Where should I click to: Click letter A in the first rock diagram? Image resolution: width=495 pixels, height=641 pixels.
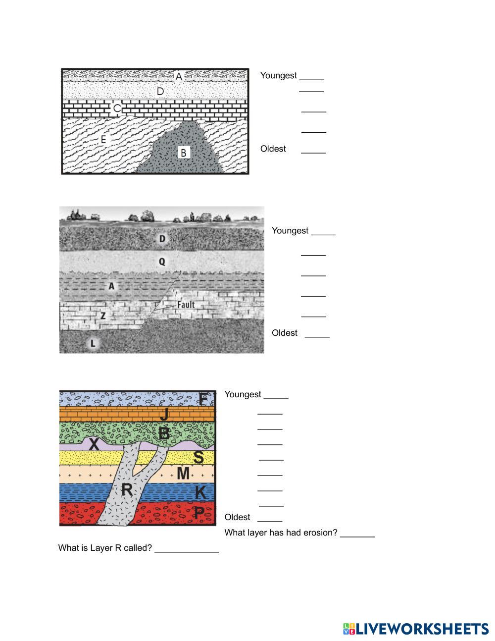pyautogui.click(x=179, y=77)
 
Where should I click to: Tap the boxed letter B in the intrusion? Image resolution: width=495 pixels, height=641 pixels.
pyautogui.click(x=184, y=153)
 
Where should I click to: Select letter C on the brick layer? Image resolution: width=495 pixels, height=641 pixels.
pyautogui.click(x=117, y=108)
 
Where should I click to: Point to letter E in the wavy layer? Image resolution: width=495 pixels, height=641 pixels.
pyautogui.click(x=103, y=140)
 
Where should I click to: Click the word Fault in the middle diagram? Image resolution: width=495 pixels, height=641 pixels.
pyautogui.click(x=186, y=305)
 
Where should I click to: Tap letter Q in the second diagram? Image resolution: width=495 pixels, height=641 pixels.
pyautogui.click(x=162, y=262)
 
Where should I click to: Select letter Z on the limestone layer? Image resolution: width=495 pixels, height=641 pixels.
pyautogui.click(x=103, y=316)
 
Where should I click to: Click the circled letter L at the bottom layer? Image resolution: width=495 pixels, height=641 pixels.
pyautogui.click(x=93, y=343)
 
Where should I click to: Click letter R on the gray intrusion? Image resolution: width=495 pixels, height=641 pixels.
pyautogui.click(x=127, y=490)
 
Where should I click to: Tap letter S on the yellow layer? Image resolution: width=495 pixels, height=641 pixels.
pyautogui.click(x=198, y=457)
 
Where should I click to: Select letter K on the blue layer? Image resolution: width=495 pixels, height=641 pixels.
pyautogui.click(x=200, y=492)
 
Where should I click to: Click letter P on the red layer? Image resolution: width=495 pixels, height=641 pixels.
pyautogui.click(x=198, y=513)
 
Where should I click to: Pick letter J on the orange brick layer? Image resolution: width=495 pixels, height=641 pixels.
pyautogui.click(x=164, y=414)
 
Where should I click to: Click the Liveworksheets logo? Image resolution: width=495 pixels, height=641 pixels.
pyautogui.click(x=415, y=629)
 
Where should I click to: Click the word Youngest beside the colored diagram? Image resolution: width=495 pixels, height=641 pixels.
pyautogui.click(x=243, y=394)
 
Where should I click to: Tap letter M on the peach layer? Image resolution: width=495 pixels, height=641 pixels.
pyautogui.click(x=183, y=474)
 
